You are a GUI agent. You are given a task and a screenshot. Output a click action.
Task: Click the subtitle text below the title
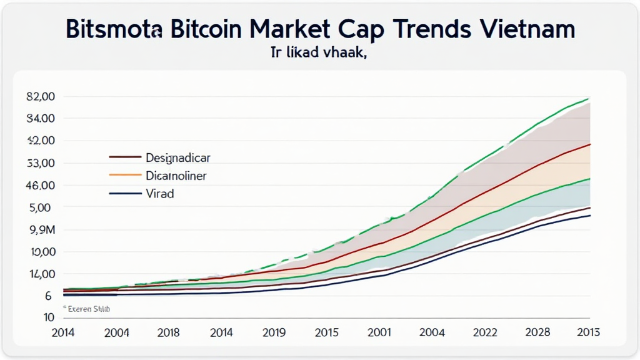(x=319, y=54)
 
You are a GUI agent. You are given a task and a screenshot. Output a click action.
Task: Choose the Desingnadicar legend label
(x=178, y=157)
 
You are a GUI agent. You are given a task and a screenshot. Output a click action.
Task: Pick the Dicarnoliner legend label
(x=176, y=176)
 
